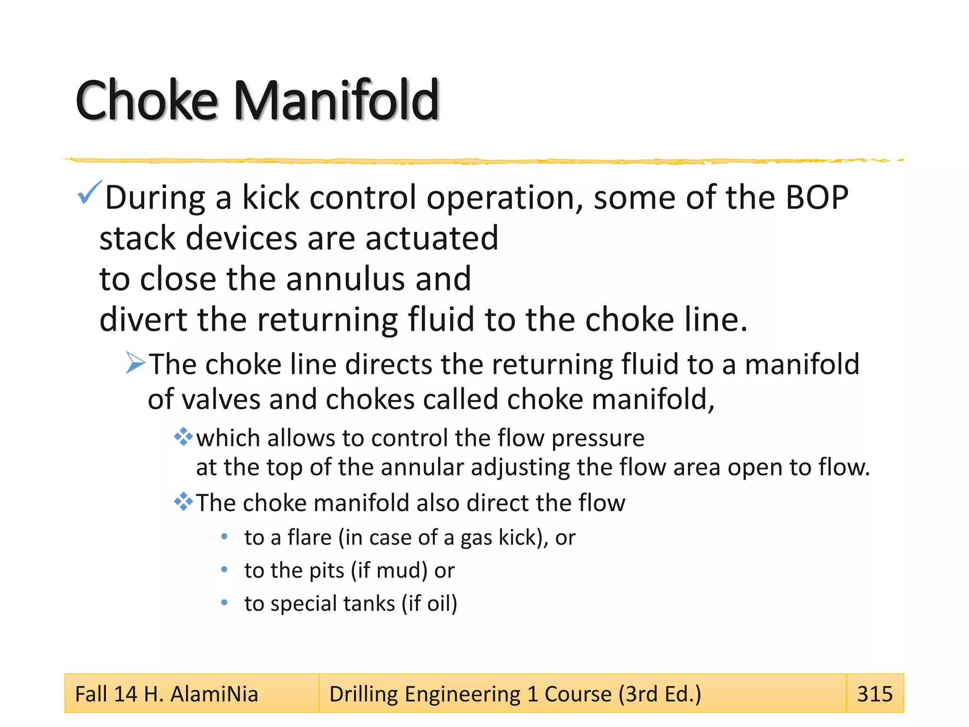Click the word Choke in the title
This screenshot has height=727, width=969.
[147, 100]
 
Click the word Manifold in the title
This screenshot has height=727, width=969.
[337, 100]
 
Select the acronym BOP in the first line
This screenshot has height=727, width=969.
[817, 198]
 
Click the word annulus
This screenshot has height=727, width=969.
[346, 279]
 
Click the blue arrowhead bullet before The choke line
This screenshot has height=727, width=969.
[135, 363]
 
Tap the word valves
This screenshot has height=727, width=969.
[221, 399]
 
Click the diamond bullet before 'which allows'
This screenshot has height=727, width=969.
[183, 437]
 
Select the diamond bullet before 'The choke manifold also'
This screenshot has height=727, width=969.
[183, 502]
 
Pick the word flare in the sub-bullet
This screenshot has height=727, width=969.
[309, 538]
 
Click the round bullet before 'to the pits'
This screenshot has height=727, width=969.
[224, 569]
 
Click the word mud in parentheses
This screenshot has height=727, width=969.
[395, 571]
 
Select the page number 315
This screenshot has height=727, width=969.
[874, 694]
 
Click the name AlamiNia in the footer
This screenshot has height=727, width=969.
[214, 694]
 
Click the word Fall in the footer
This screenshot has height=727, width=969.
[92, 694]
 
